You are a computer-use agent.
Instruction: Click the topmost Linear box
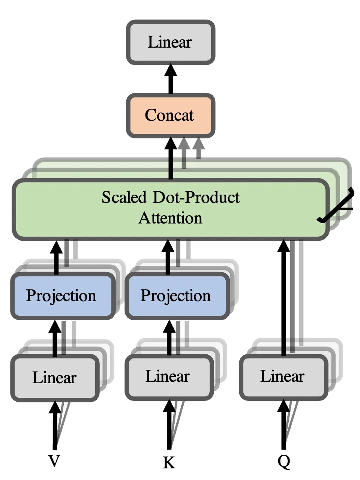[x=170, y=42]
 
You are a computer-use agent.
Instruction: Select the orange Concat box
[x=170, y=115]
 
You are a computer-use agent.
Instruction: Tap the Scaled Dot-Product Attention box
[x=171, y=208]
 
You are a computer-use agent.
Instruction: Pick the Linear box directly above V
[x=55, y=377]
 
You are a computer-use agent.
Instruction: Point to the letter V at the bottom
[x=54, y=461]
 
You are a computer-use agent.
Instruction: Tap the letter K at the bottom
[x=169, y=463]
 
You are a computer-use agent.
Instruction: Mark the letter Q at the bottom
[x=284, y=462]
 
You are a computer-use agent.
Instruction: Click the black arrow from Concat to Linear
[x=171, y=79]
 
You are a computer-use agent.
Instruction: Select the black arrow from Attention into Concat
[x=171, y=157]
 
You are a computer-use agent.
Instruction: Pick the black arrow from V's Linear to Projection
[x=55, y=337]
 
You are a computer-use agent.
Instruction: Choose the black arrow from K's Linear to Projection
[x=169, y=337]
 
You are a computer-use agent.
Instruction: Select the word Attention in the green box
[x=171, y=218]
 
